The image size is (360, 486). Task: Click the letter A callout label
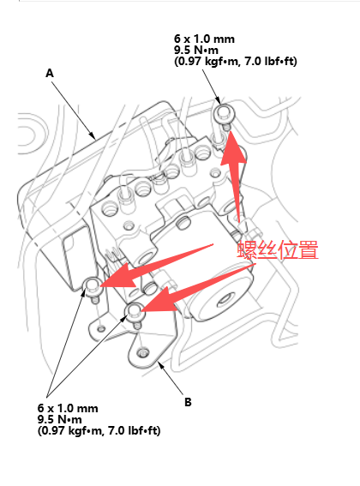tap(50, 74)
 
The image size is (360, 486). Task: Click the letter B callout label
tap(188, 402)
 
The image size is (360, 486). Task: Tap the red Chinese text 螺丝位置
tap(278, 249)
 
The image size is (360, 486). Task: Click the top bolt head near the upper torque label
tap(225, 112)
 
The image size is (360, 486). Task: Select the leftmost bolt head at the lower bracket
tap(93, 285)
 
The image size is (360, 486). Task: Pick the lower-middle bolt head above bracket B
tap(135, 311)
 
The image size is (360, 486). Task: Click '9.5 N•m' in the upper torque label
tap(196, 50)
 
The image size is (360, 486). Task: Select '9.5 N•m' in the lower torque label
tap(59, 419)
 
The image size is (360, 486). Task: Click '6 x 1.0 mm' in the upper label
tap(204, 39)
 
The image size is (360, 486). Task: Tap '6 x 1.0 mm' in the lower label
tap(68, 408)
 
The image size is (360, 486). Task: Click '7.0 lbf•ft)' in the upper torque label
tap(271, 61)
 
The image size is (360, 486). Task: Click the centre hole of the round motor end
tap(225, 300)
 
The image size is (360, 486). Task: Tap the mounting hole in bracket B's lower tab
tap(143, 353)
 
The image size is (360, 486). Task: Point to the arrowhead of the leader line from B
tap(160, 365)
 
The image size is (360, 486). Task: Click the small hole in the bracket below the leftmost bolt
tap(101, 328)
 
